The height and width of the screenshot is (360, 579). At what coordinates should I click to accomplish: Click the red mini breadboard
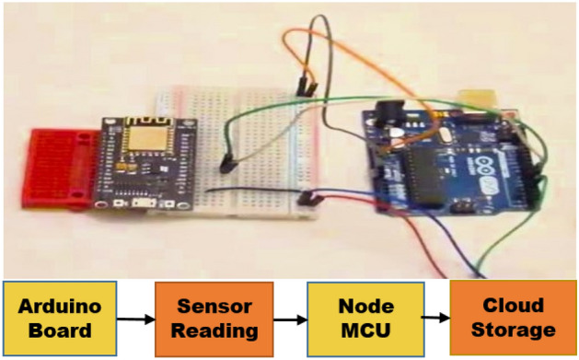coord(54,166)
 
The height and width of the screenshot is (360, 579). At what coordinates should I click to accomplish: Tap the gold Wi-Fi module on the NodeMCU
coord(151,139)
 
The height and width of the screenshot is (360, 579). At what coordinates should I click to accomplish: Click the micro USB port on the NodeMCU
coord(143,203)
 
